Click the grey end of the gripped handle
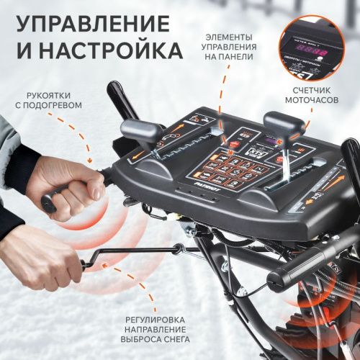(48, 203)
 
